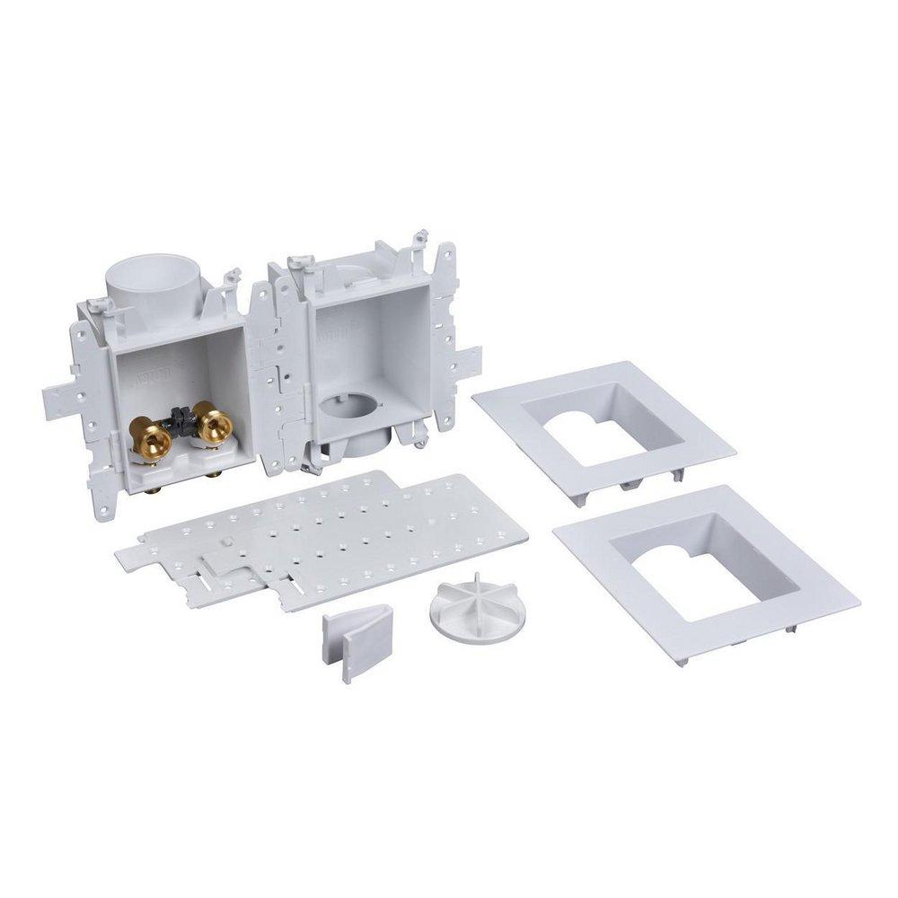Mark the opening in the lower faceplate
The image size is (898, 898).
click(706, 565)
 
